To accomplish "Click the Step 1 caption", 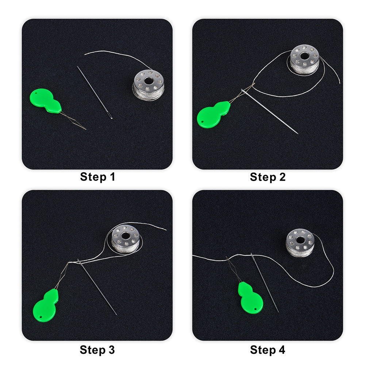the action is click(97, 177).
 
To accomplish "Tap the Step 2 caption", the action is click(268, 177).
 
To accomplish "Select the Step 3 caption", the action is click(97, 350).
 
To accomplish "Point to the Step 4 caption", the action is click(268, 350).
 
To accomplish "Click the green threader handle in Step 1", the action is click(45, 101).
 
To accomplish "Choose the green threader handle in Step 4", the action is click(250, 298).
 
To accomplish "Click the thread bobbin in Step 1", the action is click(149, 85).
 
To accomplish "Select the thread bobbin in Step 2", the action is click(304, 59).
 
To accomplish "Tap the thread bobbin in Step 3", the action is click(126, 239).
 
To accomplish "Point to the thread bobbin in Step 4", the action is click(300, 243).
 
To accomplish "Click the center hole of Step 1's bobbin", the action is click(148, 81).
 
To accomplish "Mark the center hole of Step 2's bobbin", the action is click(304, 56).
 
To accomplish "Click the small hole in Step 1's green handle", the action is click(36, 94).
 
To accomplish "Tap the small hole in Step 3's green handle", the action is click(41, 317).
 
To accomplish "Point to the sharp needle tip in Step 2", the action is click(298, 134).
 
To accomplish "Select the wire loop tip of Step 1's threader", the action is click(86, 129).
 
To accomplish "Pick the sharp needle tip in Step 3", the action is click(116, 315).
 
